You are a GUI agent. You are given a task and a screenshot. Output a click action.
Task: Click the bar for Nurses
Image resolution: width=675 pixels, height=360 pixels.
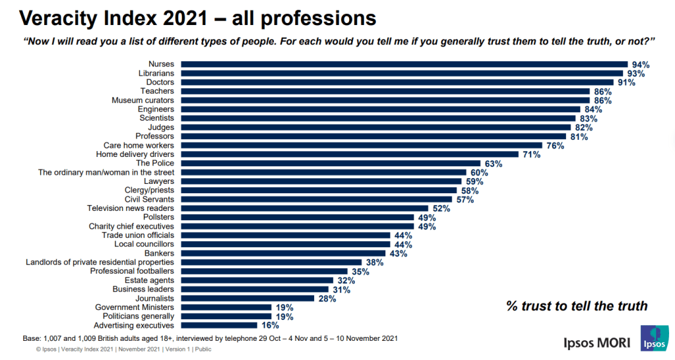[404, 65]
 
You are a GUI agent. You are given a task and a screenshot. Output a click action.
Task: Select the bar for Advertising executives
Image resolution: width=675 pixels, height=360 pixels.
[219, 325]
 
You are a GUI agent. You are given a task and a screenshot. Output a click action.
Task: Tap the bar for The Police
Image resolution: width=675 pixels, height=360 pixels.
[331, 163]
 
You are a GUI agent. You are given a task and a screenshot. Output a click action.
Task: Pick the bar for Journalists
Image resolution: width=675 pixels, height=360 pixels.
[247, 298]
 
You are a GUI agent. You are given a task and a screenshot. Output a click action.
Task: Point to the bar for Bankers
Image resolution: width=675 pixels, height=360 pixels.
[283, 253]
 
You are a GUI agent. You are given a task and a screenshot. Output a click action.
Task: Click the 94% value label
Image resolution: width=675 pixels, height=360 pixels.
[640, 65]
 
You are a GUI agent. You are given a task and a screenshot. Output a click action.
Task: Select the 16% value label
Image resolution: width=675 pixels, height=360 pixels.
[269, 325]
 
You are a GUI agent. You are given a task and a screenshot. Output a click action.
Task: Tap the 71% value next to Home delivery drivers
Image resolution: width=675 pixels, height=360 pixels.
[532, 154]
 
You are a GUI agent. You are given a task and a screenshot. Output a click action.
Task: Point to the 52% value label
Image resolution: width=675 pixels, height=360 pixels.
[441, 208]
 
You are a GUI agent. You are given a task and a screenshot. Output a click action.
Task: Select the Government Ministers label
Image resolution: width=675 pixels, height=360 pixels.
[135, 307]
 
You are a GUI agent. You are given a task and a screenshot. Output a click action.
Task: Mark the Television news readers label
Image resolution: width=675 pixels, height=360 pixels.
[131, 208]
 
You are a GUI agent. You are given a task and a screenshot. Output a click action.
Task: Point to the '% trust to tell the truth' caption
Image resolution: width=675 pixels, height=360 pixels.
[577, 306]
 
